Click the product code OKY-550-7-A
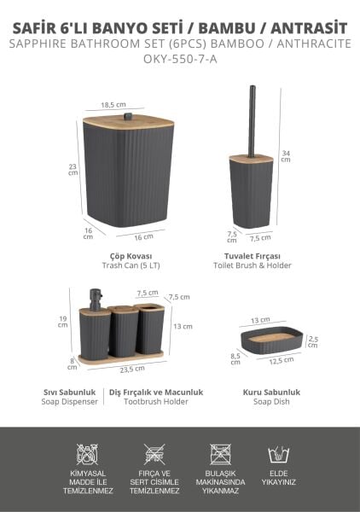click(180, 59)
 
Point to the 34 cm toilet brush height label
click(286, 154)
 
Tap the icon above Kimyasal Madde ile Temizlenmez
click(86, 454)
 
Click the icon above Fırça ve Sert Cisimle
click(154, 454)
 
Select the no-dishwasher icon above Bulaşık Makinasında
click(219, 454)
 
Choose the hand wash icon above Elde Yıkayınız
click(278, 454)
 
